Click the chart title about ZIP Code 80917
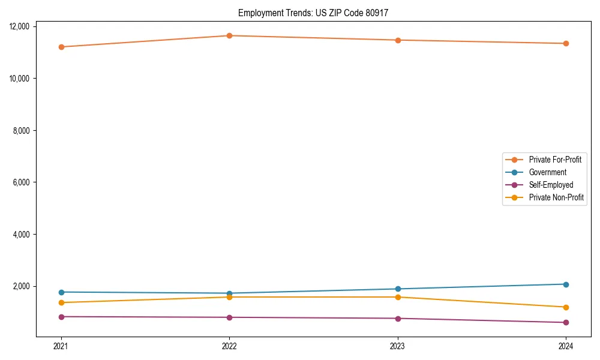313,13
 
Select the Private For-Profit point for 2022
229,35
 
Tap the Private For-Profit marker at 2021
61,47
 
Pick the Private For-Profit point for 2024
566,43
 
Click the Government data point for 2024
566,284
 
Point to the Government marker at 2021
61,292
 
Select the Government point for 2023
398,289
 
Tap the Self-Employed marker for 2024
566,323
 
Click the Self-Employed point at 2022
229,317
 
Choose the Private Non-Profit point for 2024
566,307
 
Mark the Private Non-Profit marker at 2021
61,302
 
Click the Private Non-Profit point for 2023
398,297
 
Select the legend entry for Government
547,172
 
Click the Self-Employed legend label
551,185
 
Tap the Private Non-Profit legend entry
556,197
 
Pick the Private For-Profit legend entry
555,160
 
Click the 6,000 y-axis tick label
22,182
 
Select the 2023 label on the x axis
398,346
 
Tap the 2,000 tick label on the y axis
22,286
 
